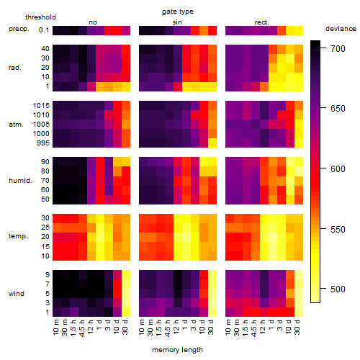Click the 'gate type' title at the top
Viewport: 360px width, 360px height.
178,12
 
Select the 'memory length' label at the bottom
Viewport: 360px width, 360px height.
177,350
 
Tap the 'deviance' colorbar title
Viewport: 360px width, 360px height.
341,29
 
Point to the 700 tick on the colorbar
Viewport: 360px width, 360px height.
323,48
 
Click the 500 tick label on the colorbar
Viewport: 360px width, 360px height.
338,289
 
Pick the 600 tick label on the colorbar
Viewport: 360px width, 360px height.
338,169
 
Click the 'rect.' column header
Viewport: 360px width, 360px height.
262,22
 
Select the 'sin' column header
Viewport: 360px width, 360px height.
177,22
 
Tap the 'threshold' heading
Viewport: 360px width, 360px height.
40,17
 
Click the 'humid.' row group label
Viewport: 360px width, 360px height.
20,181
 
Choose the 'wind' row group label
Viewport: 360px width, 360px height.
17,294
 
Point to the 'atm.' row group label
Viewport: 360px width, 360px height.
16,125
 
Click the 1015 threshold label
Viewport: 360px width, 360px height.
41,106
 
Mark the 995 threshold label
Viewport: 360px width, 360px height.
43,143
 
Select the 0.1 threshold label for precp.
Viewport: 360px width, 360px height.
44,30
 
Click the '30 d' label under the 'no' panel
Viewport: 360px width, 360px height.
125,327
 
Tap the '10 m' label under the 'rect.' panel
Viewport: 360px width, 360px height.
229,327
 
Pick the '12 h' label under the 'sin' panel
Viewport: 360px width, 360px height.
176,327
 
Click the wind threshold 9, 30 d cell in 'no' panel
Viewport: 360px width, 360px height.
126,275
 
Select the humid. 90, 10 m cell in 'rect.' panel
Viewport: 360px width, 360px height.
230,162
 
